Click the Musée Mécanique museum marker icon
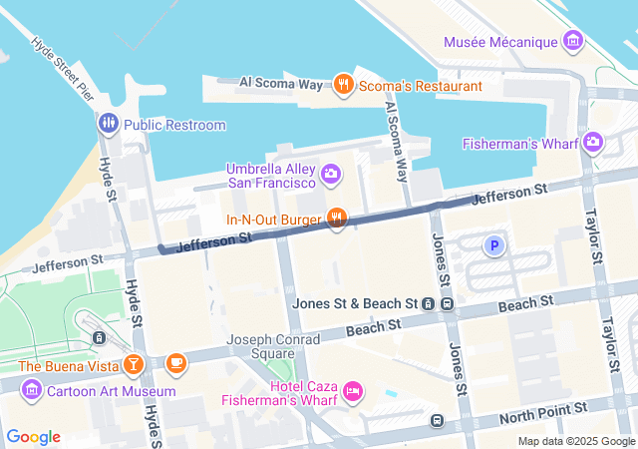(573, 41)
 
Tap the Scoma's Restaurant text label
(420, 86)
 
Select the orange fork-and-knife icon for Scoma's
(344, 84)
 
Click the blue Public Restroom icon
(109, 125)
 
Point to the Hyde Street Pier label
(62, 69)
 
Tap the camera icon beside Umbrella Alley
(331, 176)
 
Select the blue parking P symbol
(492, 244)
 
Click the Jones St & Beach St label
(354, 302)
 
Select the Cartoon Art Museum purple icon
(31, 390)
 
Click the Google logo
(34, 437)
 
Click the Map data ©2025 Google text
(575, 441)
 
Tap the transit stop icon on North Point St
(438, 421)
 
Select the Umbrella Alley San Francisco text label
(269, 176)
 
